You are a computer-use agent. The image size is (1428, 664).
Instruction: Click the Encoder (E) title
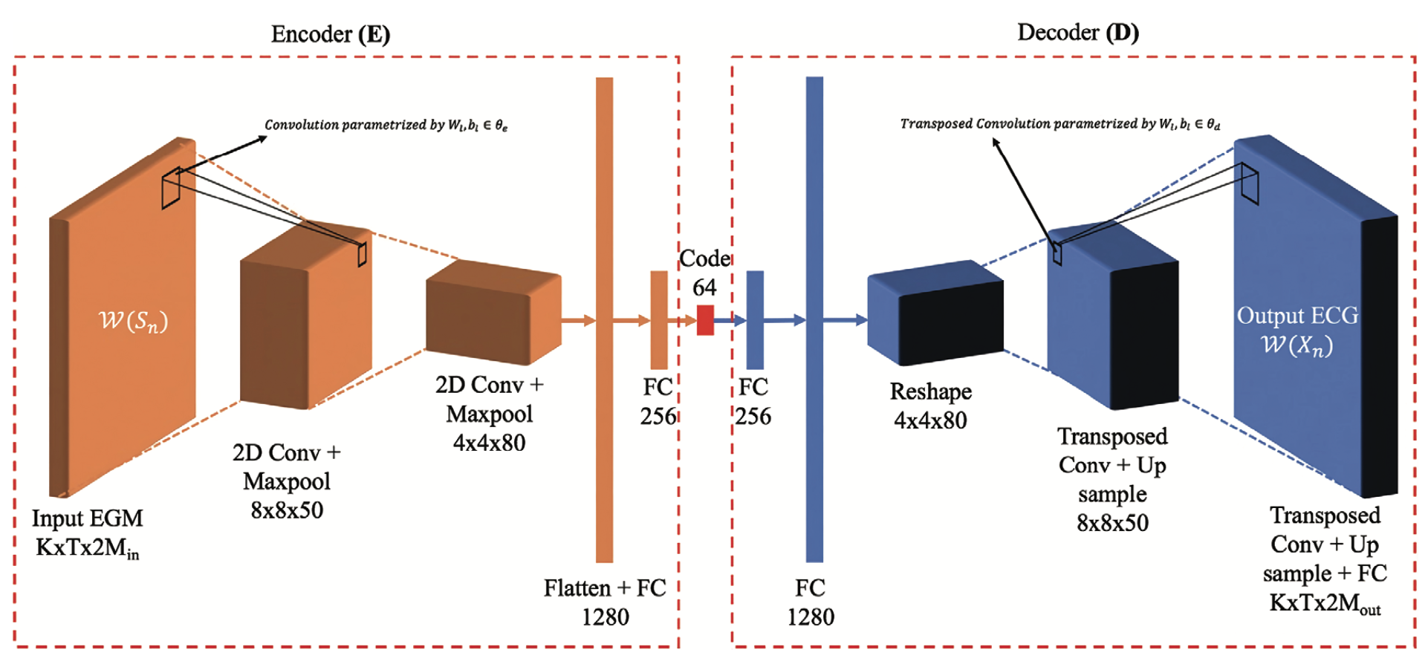tap(330, 34)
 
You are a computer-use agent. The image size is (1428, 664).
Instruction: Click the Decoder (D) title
tap(1077, 33)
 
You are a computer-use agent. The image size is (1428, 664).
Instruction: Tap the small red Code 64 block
tap(705, 320)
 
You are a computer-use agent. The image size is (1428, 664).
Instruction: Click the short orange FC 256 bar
tap(659, 319)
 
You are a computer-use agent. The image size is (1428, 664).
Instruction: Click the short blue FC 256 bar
tap(755, 319)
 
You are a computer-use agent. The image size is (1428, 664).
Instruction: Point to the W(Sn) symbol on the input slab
tap(134, 321)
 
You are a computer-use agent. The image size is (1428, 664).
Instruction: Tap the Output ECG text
tap(1297, 316)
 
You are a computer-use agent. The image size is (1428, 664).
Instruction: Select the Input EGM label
tap(88, 518)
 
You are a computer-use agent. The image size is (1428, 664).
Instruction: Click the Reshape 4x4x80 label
tap(930, 406)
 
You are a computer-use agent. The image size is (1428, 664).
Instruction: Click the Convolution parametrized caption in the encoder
tap(386, 125)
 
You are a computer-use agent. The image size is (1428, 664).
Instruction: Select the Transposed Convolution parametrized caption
tap(1059, 123)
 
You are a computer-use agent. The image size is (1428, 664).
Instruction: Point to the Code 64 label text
tap(705, 273)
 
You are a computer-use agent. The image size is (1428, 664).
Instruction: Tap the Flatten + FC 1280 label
tap(605, 602)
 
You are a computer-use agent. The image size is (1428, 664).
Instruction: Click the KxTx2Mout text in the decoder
tap(1325, 603)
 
